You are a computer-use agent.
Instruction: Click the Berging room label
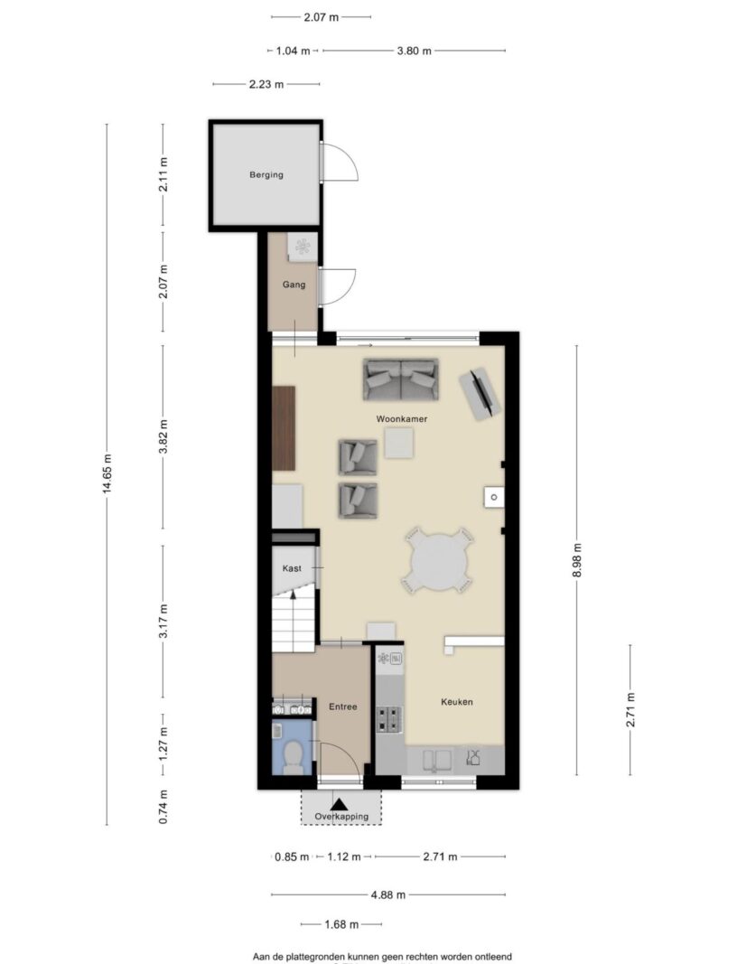[266, 174]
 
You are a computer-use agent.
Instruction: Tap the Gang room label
[294, 285]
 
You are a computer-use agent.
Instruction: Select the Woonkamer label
[401, 418]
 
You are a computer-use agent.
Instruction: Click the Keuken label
[457, 701]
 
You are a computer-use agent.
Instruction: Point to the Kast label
[292, 568]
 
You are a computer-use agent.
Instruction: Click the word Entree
[343, 707]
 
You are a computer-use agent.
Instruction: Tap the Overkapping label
[341, 817]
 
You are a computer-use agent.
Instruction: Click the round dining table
[438, 560]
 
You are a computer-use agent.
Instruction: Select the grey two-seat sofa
[401, 379]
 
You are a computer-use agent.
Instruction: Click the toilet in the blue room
[293, 755]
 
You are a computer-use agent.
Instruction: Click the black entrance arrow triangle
[338, 804]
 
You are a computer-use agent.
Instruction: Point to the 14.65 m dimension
[107, 474]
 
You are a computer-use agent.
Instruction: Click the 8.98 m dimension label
[576, 560]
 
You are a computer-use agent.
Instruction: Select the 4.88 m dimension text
[387, 894]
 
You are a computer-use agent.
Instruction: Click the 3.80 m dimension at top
[414, 51]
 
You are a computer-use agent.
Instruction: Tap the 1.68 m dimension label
[341, 924]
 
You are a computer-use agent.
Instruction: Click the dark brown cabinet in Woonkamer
[284, 428]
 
